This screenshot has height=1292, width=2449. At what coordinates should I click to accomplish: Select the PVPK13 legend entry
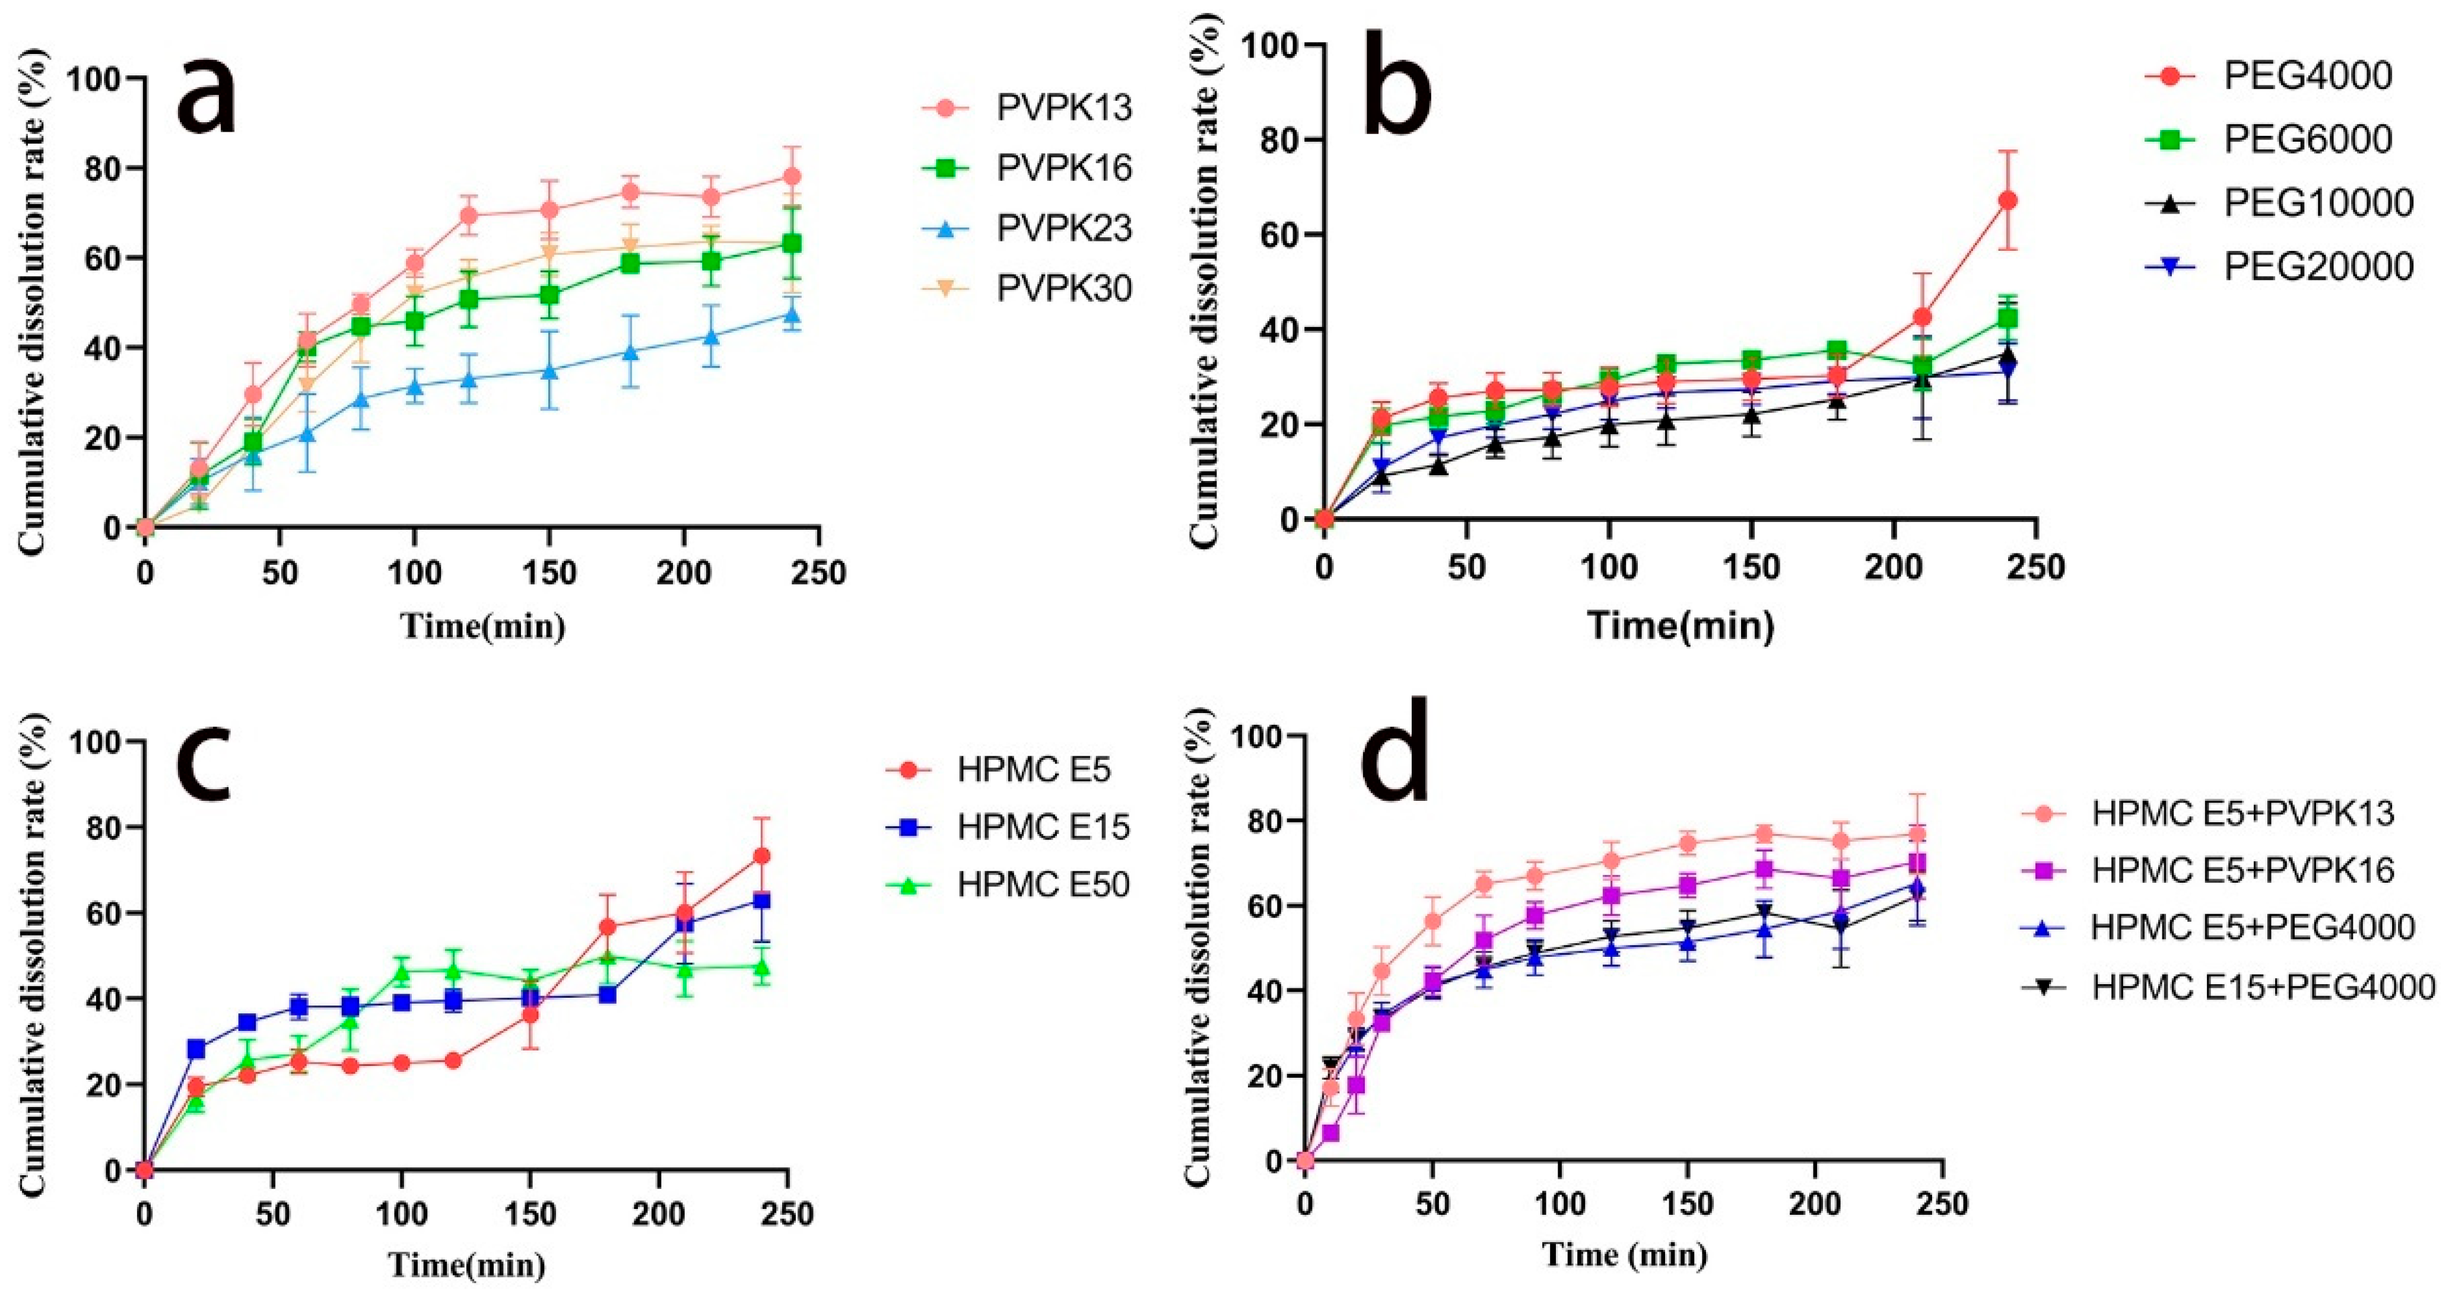(x=1026, y=109)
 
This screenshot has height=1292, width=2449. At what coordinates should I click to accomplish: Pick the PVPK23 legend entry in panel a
(x=1026, y=228)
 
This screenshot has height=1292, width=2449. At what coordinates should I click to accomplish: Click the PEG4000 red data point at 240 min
(x=2008, y=201)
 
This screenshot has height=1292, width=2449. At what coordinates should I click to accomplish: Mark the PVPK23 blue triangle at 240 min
(x=816, y=314)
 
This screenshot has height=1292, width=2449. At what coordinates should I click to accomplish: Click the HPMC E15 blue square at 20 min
(x=196, y=1049)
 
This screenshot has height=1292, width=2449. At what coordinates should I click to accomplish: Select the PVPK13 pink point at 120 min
(x=468, y=215)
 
